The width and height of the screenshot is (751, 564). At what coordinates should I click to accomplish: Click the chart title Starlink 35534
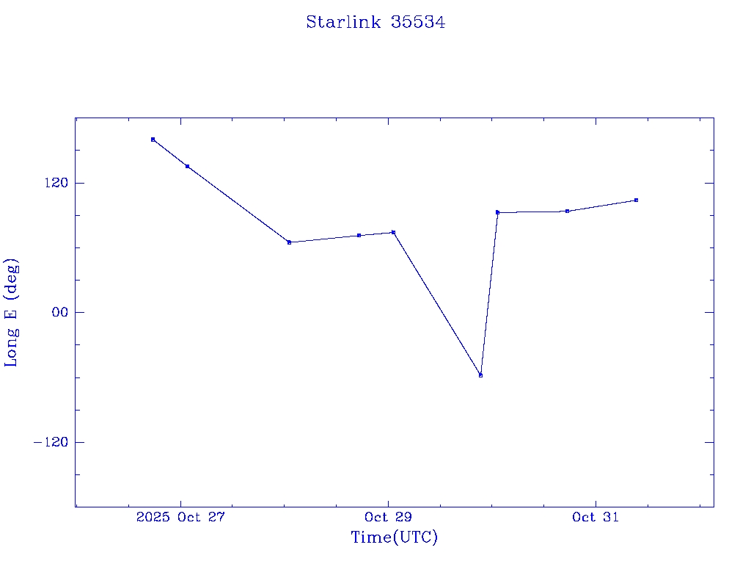click(x=375, y=23)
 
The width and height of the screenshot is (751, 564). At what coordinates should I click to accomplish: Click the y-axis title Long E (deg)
click(x=12, y=312)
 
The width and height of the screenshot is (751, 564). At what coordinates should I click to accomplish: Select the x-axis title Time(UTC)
click(x=394, y=538)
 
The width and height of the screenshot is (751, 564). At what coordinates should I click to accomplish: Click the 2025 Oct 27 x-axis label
click(x=180, y=517)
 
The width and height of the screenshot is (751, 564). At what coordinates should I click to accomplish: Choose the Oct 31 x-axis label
click(x=596, y=517)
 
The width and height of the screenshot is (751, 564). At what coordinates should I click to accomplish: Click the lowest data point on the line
click(x=480, y=375)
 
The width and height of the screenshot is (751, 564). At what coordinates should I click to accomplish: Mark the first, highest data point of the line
click(x=153, y=140)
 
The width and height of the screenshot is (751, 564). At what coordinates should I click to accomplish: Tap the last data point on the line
click(x=636, y=200)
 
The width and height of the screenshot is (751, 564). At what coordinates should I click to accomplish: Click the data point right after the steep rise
click(x=497, y=212)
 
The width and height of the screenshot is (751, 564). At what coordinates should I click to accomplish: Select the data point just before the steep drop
click(x=393, y=232)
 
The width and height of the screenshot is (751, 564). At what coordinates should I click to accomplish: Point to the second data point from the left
click(x=187, y=166)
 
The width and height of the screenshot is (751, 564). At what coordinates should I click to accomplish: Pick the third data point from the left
click(x=289, y=242)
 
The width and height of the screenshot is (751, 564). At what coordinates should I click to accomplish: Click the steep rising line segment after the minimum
click(x=489, y=294)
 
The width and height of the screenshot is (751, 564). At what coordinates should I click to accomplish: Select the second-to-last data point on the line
click(x=567, y=211)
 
